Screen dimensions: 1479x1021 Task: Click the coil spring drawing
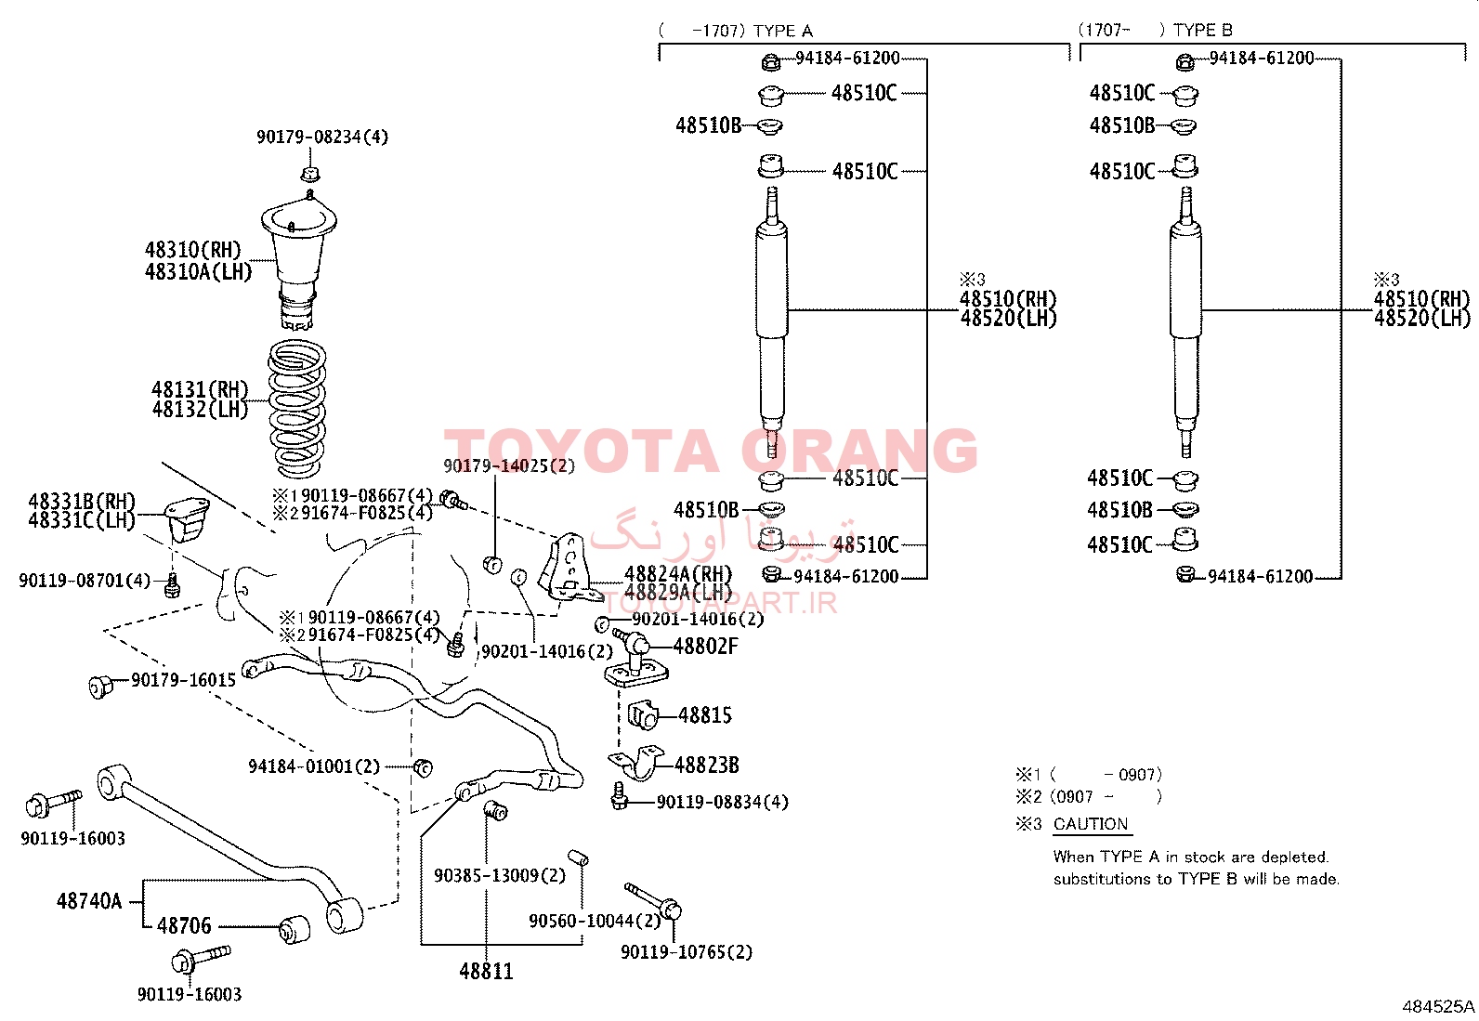tap(296, 409)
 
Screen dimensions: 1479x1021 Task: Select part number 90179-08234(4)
tap(322, 137)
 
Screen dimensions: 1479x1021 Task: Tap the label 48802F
tap(705, 646)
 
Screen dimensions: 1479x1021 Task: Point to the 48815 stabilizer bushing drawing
tap(643, 715)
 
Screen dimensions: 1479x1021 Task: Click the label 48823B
tap(706, 765)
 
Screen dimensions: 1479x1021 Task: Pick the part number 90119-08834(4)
tap(723, 802)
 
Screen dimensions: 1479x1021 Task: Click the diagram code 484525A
tap(1438, 1006)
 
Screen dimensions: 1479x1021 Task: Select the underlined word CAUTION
tap(1091, 823)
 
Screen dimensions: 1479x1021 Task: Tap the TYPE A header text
tap(783, 31)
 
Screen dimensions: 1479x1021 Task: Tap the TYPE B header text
tap(1203, 31)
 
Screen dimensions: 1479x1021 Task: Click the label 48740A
tap(89, 901)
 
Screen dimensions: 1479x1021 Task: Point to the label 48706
tap(184, 926)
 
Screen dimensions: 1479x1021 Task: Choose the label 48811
tap(486, 971)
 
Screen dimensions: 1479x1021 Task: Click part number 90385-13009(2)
tap(500, 876)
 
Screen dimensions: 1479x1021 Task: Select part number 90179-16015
tap(184, 680)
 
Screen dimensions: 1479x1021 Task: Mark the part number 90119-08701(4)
tap(85, 581)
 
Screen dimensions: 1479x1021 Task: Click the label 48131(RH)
tap(200, 389)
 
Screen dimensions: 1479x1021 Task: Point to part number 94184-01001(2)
tap(314, 766)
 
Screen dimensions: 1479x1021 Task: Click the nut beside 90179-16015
tap(100, 687)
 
